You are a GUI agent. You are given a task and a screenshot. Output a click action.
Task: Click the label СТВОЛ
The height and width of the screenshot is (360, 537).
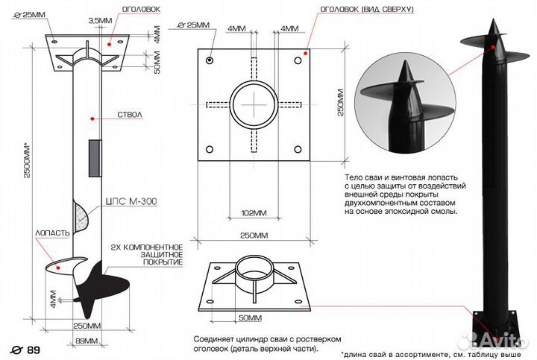tap(130, 115)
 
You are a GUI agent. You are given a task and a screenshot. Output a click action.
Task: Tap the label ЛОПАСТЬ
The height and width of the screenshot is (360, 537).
tap(52, 233)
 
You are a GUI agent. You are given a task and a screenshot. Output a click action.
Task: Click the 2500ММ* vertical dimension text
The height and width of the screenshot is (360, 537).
tap(27, 160)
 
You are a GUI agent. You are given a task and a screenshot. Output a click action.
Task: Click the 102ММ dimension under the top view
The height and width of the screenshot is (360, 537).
tap(254, 213)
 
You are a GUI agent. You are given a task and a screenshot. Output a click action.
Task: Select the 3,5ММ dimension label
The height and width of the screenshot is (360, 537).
tap(100, 21)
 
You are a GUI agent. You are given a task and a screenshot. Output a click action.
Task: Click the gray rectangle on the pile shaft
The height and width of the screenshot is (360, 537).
tap(95, 158)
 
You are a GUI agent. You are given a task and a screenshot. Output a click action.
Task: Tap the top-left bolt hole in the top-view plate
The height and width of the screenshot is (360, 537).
tap(210, 60)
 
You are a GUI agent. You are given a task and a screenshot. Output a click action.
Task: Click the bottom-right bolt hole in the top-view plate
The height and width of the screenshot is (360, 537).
tap(298, 149)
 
